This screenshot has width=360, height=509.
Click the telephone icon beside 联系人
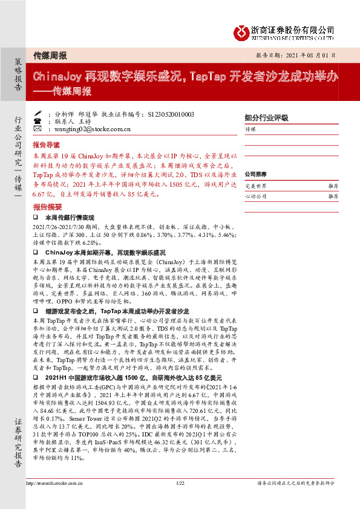click(x=38, y=121)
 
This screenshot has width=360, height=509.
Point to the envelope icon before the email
click(x=38, y=129)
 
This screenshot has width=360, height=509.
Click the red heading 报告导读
click(x=46, y=146)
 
